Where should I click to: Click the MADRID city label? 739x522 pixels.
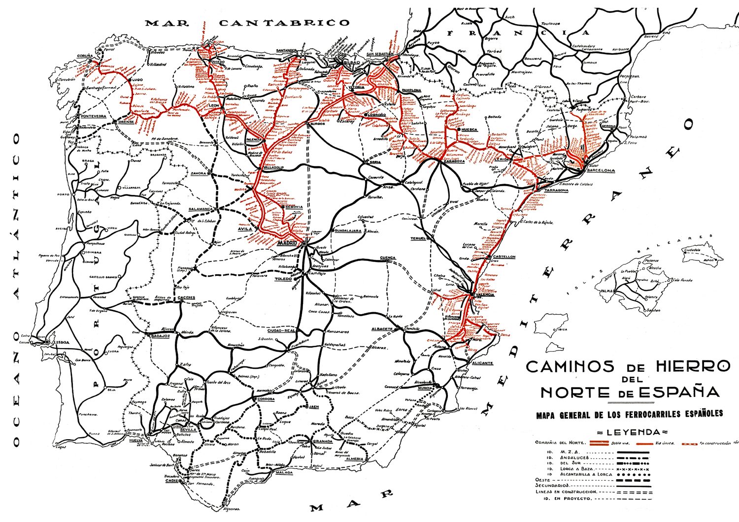pos(287,243)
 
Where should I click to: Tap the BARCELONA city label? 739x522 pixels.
pos(601,170)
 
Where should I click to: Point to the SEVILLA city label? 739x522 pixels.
pos(188,429)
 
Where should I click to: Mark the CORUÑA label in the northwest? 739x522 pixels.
pos(84,56)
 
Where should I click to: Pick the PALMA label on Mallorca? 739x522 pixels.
pos(606,291)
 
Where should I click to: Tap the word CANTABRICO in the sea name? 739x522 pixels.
pos(284,23)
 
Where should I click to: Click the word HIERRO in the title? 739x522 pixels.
pos(693,366)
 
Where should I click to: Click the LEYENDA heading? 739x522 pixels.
pos(633,432)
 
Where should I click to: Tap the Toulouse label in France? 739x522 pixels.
pos(550,23)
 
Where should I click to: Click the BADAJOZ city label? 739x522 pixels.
pos(159,336)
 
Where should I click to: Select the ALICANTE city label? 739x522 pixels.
pos(482,363)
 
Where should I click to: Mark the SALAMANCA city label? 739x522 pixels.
pos(200,209)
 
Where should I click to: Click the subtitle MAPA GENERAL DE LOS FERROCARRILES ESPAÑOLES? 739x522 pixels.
pos(629,414)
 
